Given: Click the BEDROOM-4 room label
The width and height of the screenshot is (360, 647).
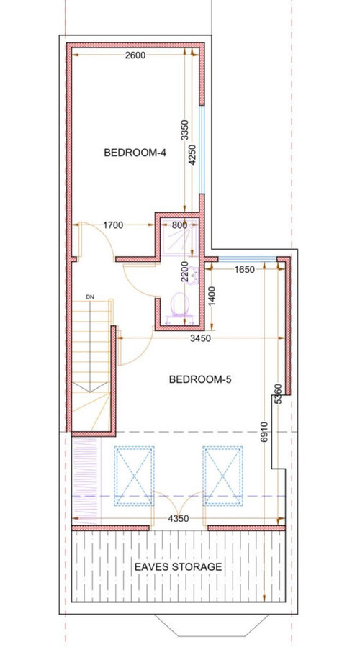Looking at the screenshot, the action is click(x=135, y=153).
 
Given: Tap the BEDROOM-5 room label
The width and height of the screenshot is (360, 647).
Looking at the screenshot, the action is click(x=200, y=379).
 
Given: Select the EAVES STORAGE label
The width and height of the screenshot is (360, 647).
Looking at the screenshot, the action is click(x=179, y=566).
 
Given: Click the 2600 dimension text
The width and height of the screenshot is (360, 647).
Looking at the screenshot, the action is click(x=135, y=55).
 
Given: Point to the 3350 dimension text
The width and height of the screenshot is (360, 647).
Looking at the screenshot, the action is click(x=184, y=130).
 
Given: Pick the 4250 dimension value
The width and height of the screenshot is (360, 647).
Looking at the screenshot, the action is click(x=192, y=155).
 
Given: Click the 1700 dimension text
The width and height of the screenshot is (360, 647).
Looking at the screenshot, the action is click(x=113, y=225).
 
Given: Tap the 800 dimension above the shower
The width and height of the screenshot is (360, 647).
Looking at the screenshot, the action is click(x=179, y=225).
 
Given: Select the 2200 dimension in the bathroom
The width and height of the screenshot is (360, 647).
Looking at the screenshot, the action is click(x=184, y=271).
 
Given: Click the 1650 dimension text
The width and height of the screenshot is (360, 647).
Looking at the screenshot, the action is click(x=245, y=270).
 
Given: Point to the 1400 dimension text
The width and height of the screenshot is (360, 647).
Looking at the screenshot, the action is click(x=212, y=297).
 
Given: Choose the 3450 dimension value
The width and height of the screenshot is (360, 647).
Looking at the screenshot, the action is click(x=201, y=338).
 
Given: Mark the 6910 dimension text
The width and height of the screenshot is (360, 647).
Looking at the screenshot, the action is click(x=264, y=432).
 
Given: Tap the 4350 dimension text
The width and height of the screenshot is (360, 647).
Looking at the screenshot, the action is click(x=179, y=519).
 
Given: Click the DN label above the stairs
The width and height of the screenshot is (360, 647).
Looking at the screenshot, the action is click(x=90, y=297).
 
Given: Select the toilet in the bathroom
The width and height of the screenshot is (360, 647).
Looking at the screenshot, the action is click(x=180, y=304).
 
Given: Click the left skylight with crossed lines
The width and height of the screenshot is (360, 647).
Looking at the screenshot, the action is click(x=134, y=476).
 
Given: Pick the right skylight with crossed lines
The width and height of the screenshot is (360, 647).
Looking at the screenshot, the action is click(x=222, y=476).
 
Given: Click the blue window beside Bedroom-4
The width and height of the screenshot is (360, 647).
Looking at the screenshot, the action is click(x=202, y=150).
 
